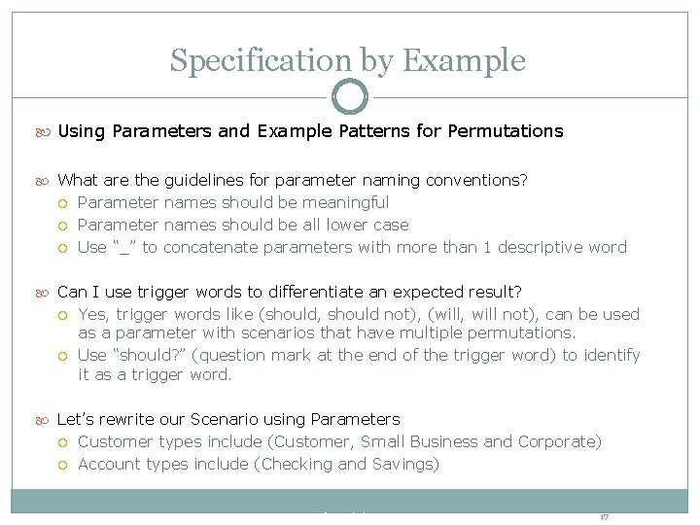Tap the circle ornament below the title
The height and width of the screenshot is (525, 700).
(x=350, y=97)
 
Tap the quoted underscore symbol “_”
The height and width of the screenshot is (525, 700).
(x=122, y=247)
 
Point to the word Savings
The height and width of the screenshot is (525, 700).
(x=404, y=464)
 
